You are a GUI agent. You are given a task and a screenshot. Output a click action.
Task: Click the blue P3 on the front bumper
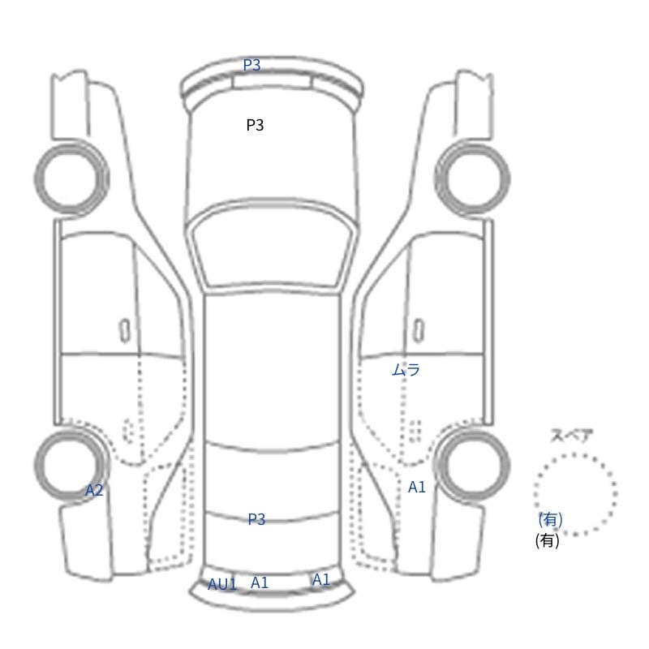[x=251, y=65]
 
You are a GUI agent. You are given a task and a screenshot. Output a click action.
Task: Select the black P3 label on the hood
[x=255, y=125]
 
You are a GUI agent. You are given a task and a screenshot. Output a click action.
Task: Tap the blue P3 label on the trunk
[x=256, y=519]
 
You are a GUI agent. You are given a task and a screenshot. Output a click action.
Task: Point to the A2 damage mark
[x=94, y=491]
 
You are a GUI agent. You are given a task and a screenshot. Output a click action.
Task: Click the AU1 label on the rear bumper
[x=221, y=584]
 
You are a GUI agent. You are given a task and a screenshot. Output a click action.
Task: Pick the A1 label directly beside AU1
[x=260, y=582]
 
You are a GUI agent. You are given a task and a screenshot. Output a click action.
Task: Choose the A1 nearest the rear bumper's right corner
[x=320, y=579]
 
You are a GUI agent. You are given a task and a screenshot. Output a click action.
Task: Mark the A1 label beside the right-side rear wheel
[x=417, y=488]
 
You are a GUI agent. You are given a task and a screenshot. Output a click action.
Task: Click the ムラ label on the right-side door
[x=406, y=370]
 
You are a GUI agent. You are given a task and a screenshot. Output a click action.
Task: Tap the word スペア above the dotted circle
[x=565, y=436]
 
